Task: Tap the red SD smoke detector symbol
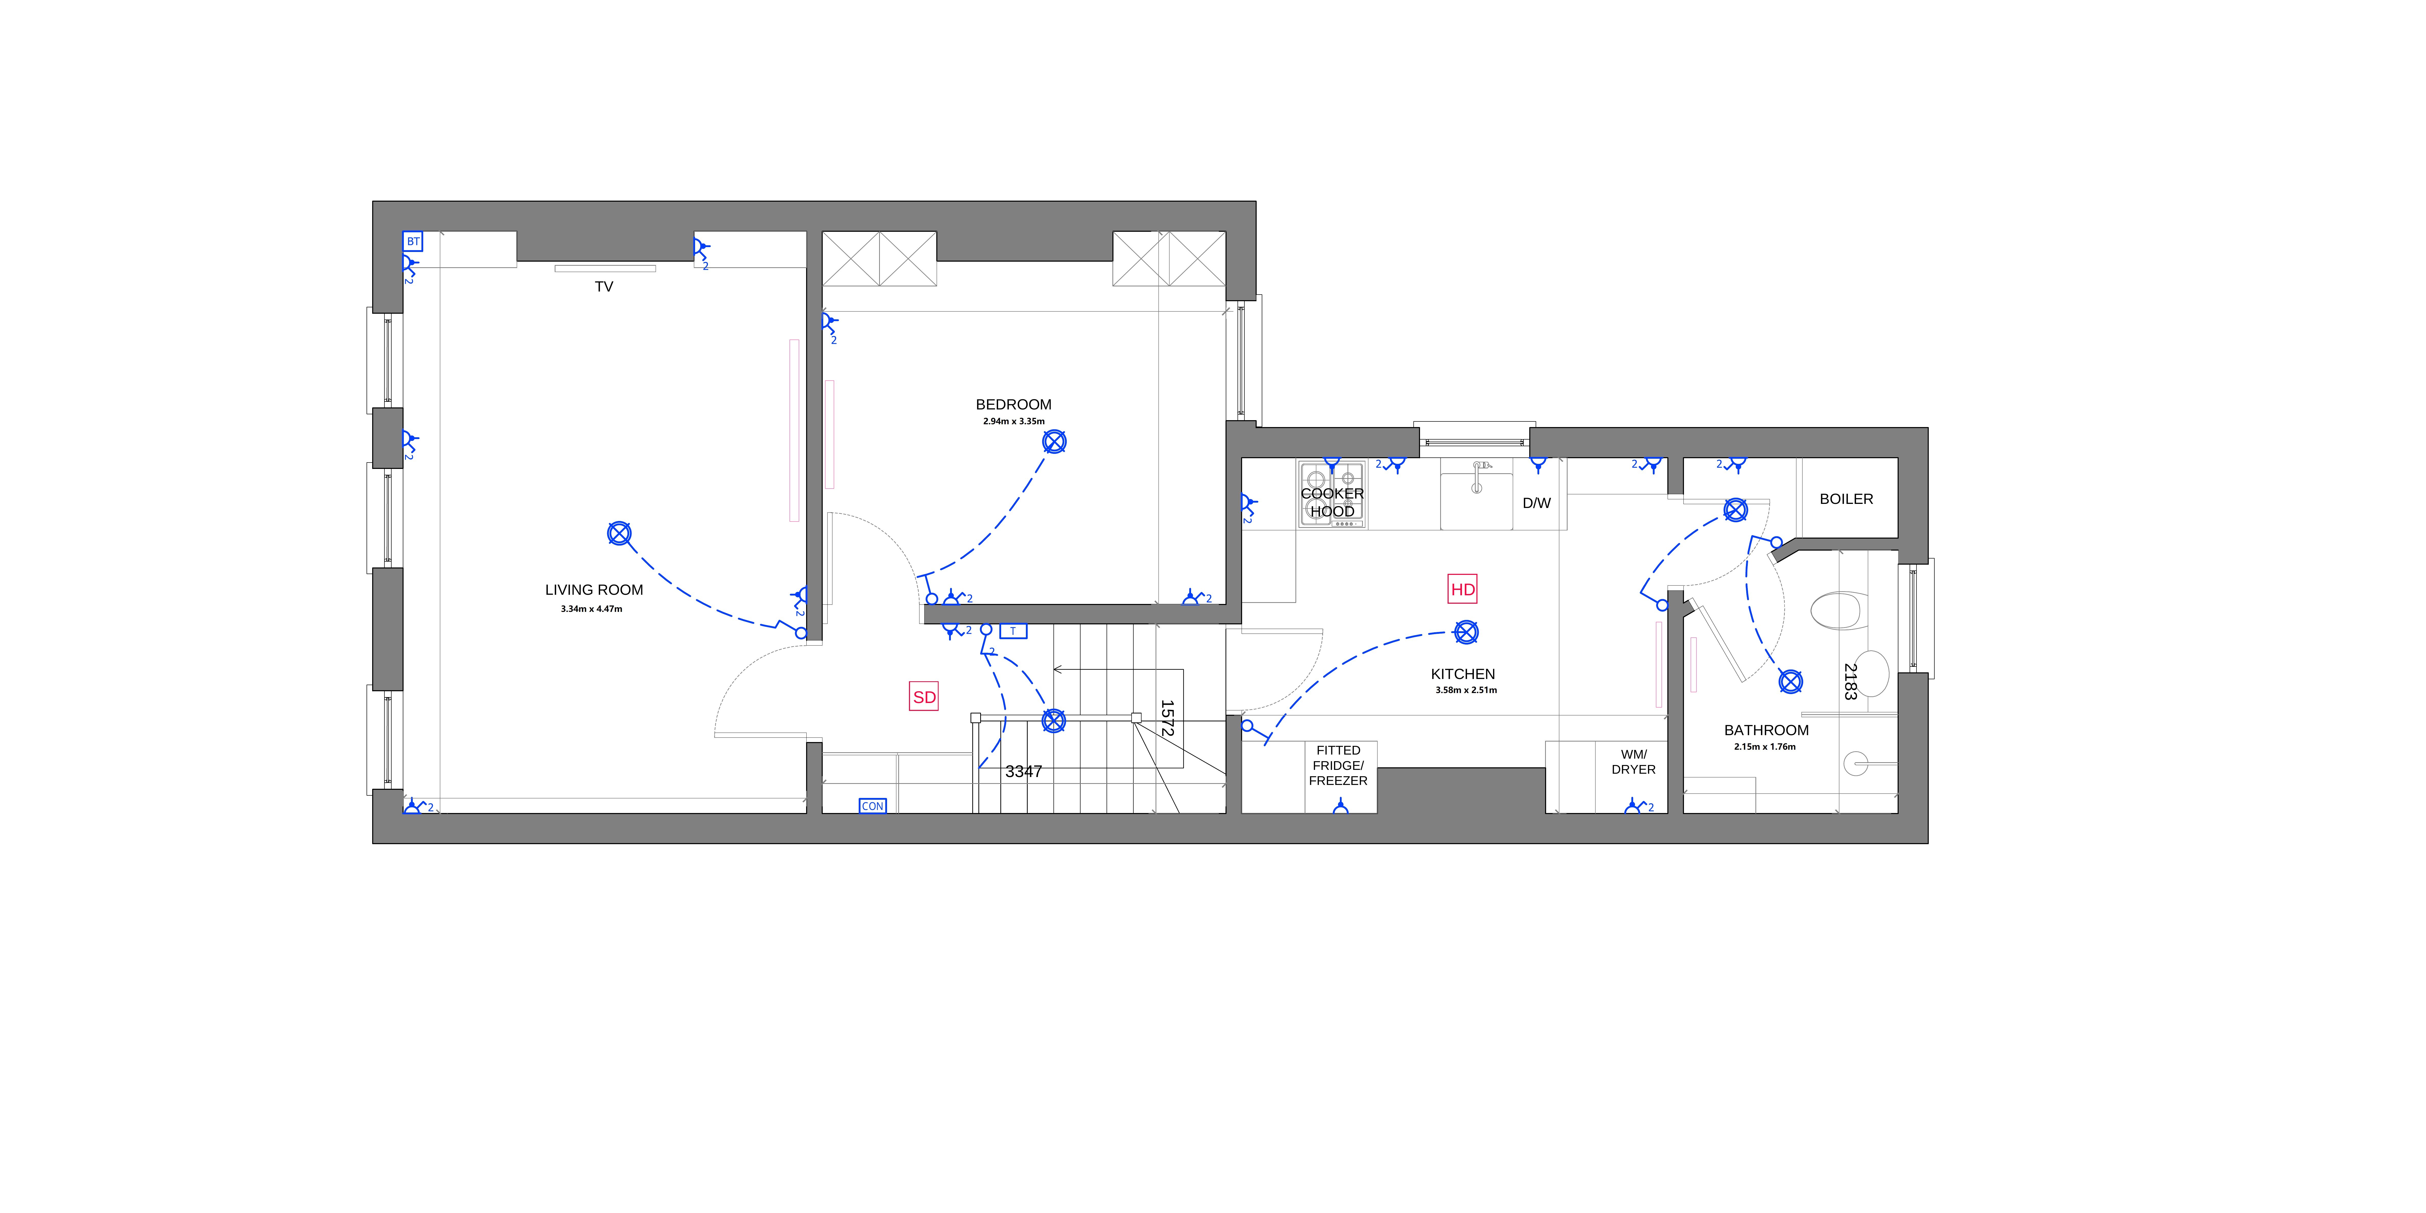[x=924, y=697]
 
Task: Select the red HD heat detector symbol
[x=1463, y=590]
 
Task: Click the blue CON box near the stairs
[x=872, y=806]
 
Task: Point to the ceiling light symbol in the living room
[x=619, y=534]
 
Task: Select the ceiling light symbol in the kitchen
[x=1466, y=632]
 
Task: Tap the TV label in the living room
[x=604, y=286]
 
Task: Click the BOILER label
[x=1846, y=499]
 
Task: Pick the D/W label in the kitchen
[x=1536, y=503]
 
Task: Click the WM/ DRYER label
[x=1633, y=762]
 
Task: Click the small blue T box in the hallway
[x=1012, y=631]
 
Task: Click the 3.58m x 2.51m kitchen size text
[x=1465, y=690]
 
